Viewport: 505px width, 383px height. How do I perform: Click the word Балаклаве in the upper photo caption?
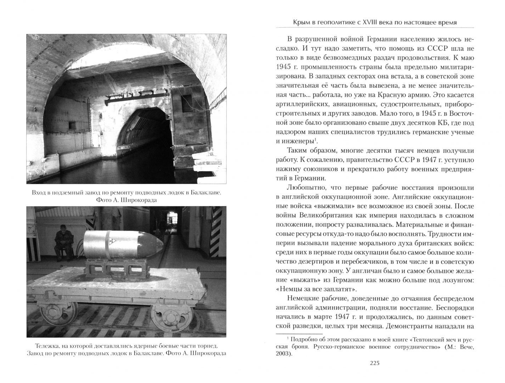[x=206, y=193]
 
